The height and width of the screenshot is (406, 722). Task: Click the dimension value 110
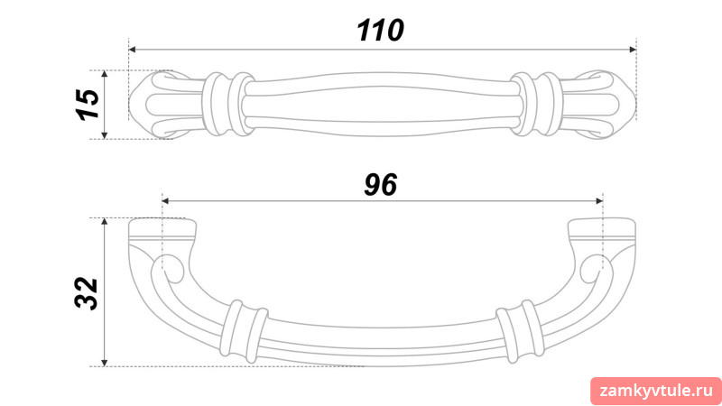point(380,31)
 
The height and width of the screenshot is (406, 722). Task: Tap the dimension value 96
point(380,185)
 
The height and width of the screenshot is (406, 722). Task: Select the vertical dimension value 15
point(88,105)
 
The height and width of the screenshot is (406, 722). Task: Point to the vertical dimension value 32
point(87,293)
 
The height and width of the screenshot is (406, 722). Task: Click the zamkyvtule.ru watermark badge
point(656,392)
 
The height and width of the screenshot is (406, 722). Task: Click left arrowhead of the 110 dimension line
point(132,50)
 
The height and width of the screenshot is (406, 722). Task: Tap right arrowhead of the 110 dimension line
point(633,50)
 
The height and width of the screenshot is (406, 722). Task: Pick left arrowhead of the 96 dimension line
point(166,200)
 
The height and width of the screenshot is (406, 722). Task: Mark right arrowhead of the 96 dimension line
point(599,200)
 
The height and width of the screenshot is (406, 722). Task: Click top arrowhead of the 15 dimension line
point(105,74)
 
